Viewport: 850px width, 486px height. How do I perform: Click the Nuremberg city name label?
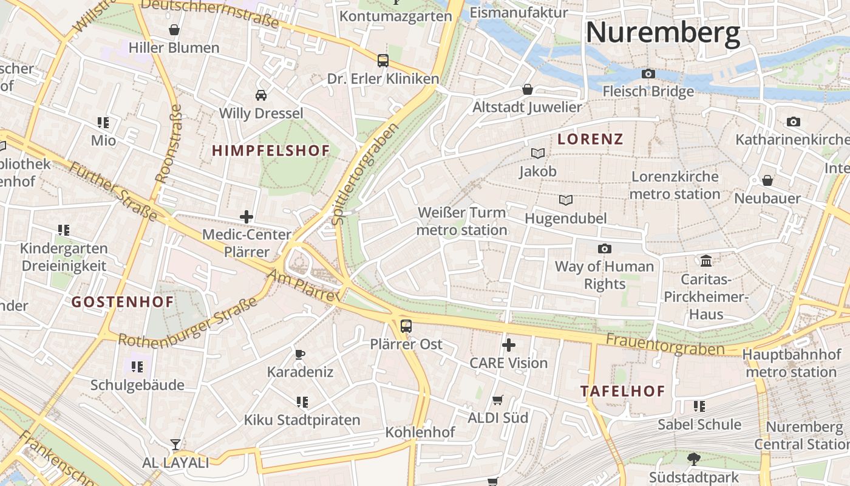pos(662,32)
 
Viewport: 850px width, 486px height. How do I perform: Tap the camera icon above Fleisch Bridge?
pos(648,74)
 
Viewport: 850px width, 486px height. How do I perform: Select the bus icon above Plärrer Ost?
pos(406,326)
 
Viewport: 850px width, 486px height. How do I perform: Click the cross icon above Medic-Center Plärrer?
pos(246,216)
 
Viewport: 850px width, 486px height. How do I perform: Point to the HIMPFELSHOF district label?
pos(271,151)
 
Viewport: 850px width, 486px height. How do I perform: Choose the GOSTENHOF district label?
pos(123,302)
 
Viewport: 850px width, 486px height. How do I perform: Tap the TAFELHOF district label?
pos(622,391)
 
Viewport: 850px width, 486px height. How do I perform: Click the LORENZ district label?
pos(590,139)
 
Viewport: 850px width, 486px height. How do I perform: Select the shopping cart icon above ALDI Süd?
pos(498,400)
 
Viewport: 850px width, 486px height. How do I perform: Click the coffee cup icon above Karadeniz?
pos(299,354)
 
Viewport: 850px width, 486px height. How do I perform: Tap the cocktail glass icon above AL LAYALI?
pos(175,445)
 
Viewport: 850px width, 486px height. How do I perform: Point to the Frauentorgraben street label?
pos(665,344)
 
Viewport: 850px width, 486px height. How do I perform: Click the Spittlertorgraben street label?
pos(367,174)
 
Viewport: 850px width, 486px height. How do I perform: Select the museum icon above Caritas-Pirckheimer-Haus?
pos(706,261)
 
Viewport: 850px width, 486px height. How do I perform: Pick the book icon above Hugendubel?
pos(566,200)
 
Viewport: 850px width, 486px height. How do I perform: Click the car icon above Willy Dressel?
pos(261,95)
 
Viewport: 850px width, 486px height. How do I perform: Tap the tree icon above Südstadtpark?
pos(693,459)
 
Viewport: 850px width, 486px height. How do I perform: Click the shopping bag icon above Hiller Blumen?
pos(174,30)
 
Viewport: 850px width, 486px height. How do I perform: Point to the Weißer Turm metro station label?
pos(462,221)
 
